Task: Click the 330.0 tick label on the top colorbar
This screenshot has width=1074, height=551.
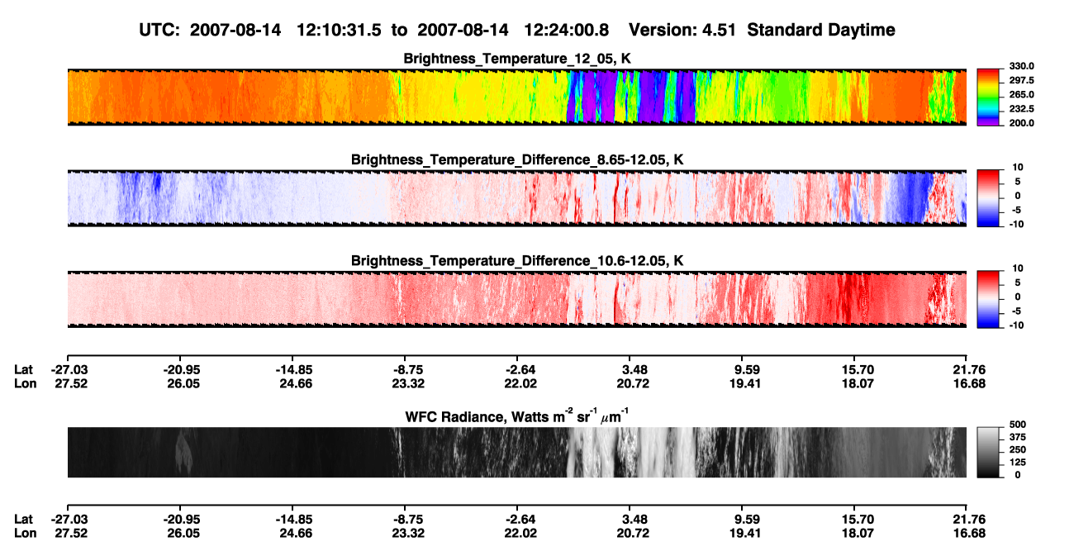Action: [x=1021, y=66]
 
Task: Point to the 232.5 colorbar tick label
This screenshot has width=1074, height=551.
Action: [x=1021, y=109]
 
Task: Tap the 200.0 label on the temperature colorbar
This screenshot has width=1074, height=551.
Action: [x=1021, y=123]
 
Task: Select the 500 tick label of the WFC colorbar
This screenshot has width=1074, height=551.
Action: [x=1018, y=425]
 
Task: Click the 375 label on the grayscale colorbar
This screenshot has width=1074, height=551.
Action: [x=1018, y=437]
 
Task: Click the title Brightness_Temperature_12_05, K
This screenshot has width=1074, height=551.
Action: [x=517, y=59]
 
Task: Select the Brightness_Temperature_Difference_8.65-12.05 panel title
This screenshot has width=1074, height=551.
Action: [x=517, y=159]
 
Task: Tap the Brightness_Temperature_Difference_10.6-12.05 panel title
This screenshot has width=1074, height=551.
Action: [x=517, y=261]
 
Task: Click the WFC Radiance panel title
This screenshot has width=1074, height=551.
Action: [x=517, y=416]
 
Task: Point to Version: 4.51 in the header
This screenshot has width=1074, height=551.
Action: [x=682, y=30]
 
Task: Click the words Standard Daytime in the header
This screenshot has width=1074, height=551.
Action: [x=821, y=30]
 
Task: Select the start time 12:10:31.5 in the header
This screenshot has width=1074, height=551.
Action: [x=339, y=30]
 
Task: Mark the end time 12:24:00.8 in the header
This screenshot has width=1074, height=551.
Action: [x=566, y=30]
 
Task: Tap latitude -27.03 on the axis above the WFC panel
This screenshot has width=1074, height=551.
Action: [x=69, y=370]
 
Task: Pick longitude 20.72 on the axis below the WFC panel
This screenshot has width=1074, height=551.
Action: [x=633, y=534]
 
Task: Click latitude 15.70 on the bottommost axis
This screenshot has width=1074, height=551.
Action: [x=858, y=520]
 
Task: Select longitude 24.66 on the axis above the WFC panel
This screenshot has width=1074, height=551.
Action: [x=296, y=383]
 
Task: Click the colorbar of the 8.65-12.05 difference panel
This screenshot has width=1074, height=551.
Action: [x=988, y=197]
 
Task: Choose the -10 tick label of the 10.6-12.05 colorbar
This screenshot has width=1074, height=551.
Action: [x=1016, y=325]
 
